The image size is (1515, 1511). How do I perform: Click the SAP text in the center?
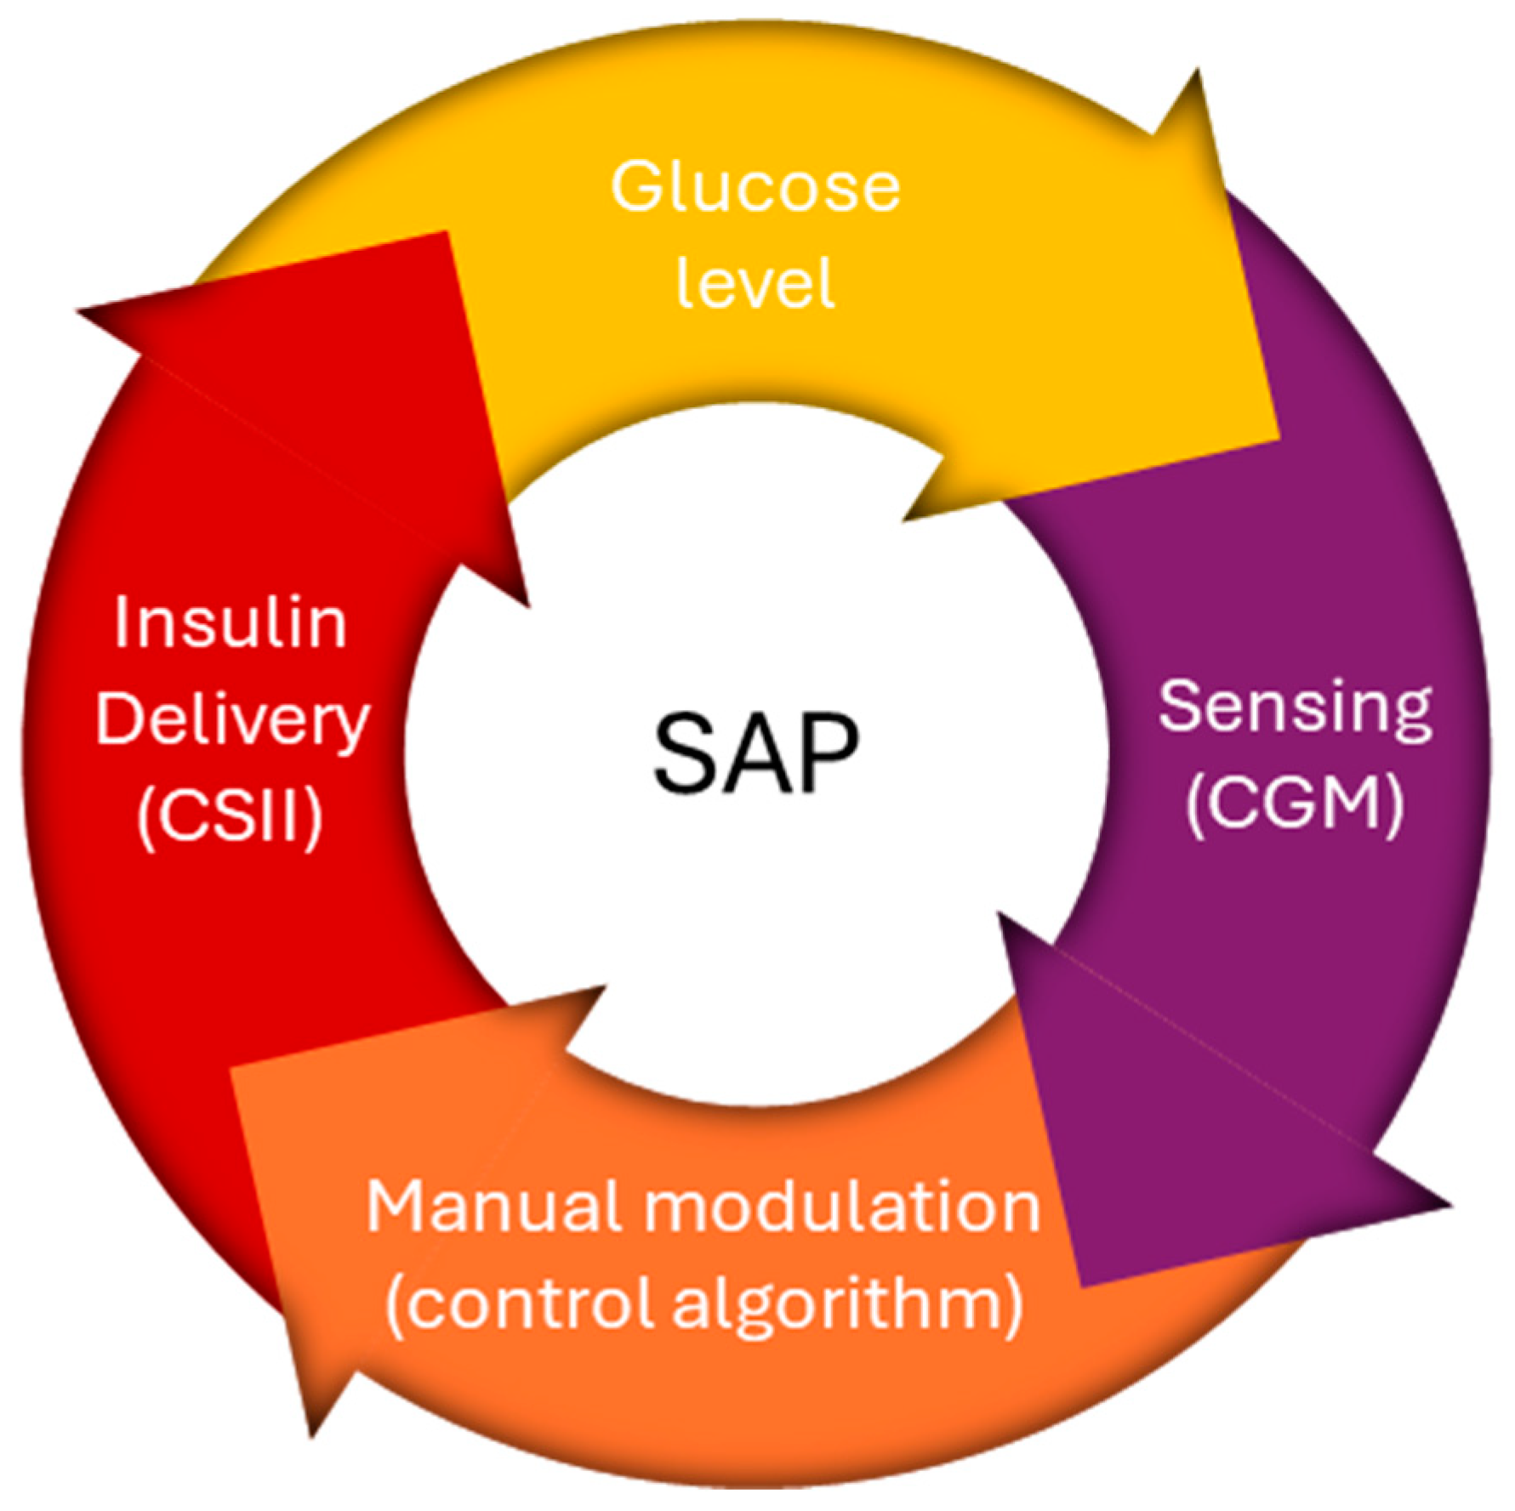755,753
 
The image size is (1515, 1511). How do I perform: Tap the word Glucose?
755,187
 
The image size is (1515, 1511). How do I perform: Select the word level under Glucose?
755,282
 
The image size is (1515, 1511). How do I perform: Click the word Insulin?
231,622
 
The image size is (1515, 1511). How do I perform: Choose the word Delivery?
232,721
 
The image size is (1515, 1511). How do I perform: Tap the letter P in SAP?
825,753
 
